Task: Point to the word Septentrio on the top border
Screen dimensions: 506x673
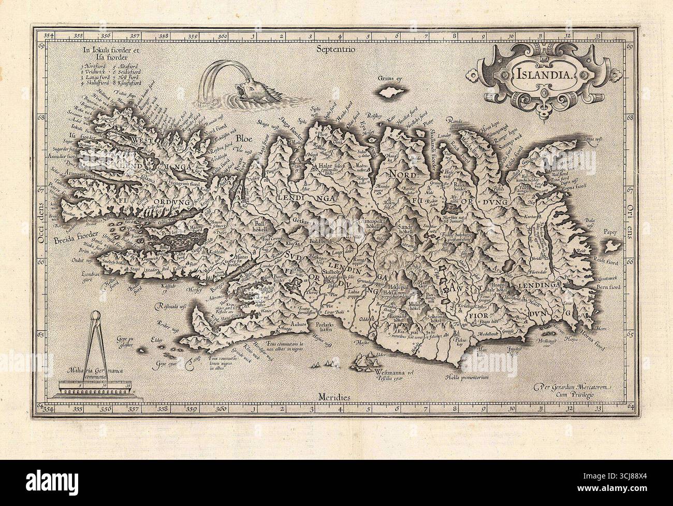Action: coord(335,51)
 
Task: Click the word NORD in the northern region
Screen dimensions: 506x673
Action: coord(402,174)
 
